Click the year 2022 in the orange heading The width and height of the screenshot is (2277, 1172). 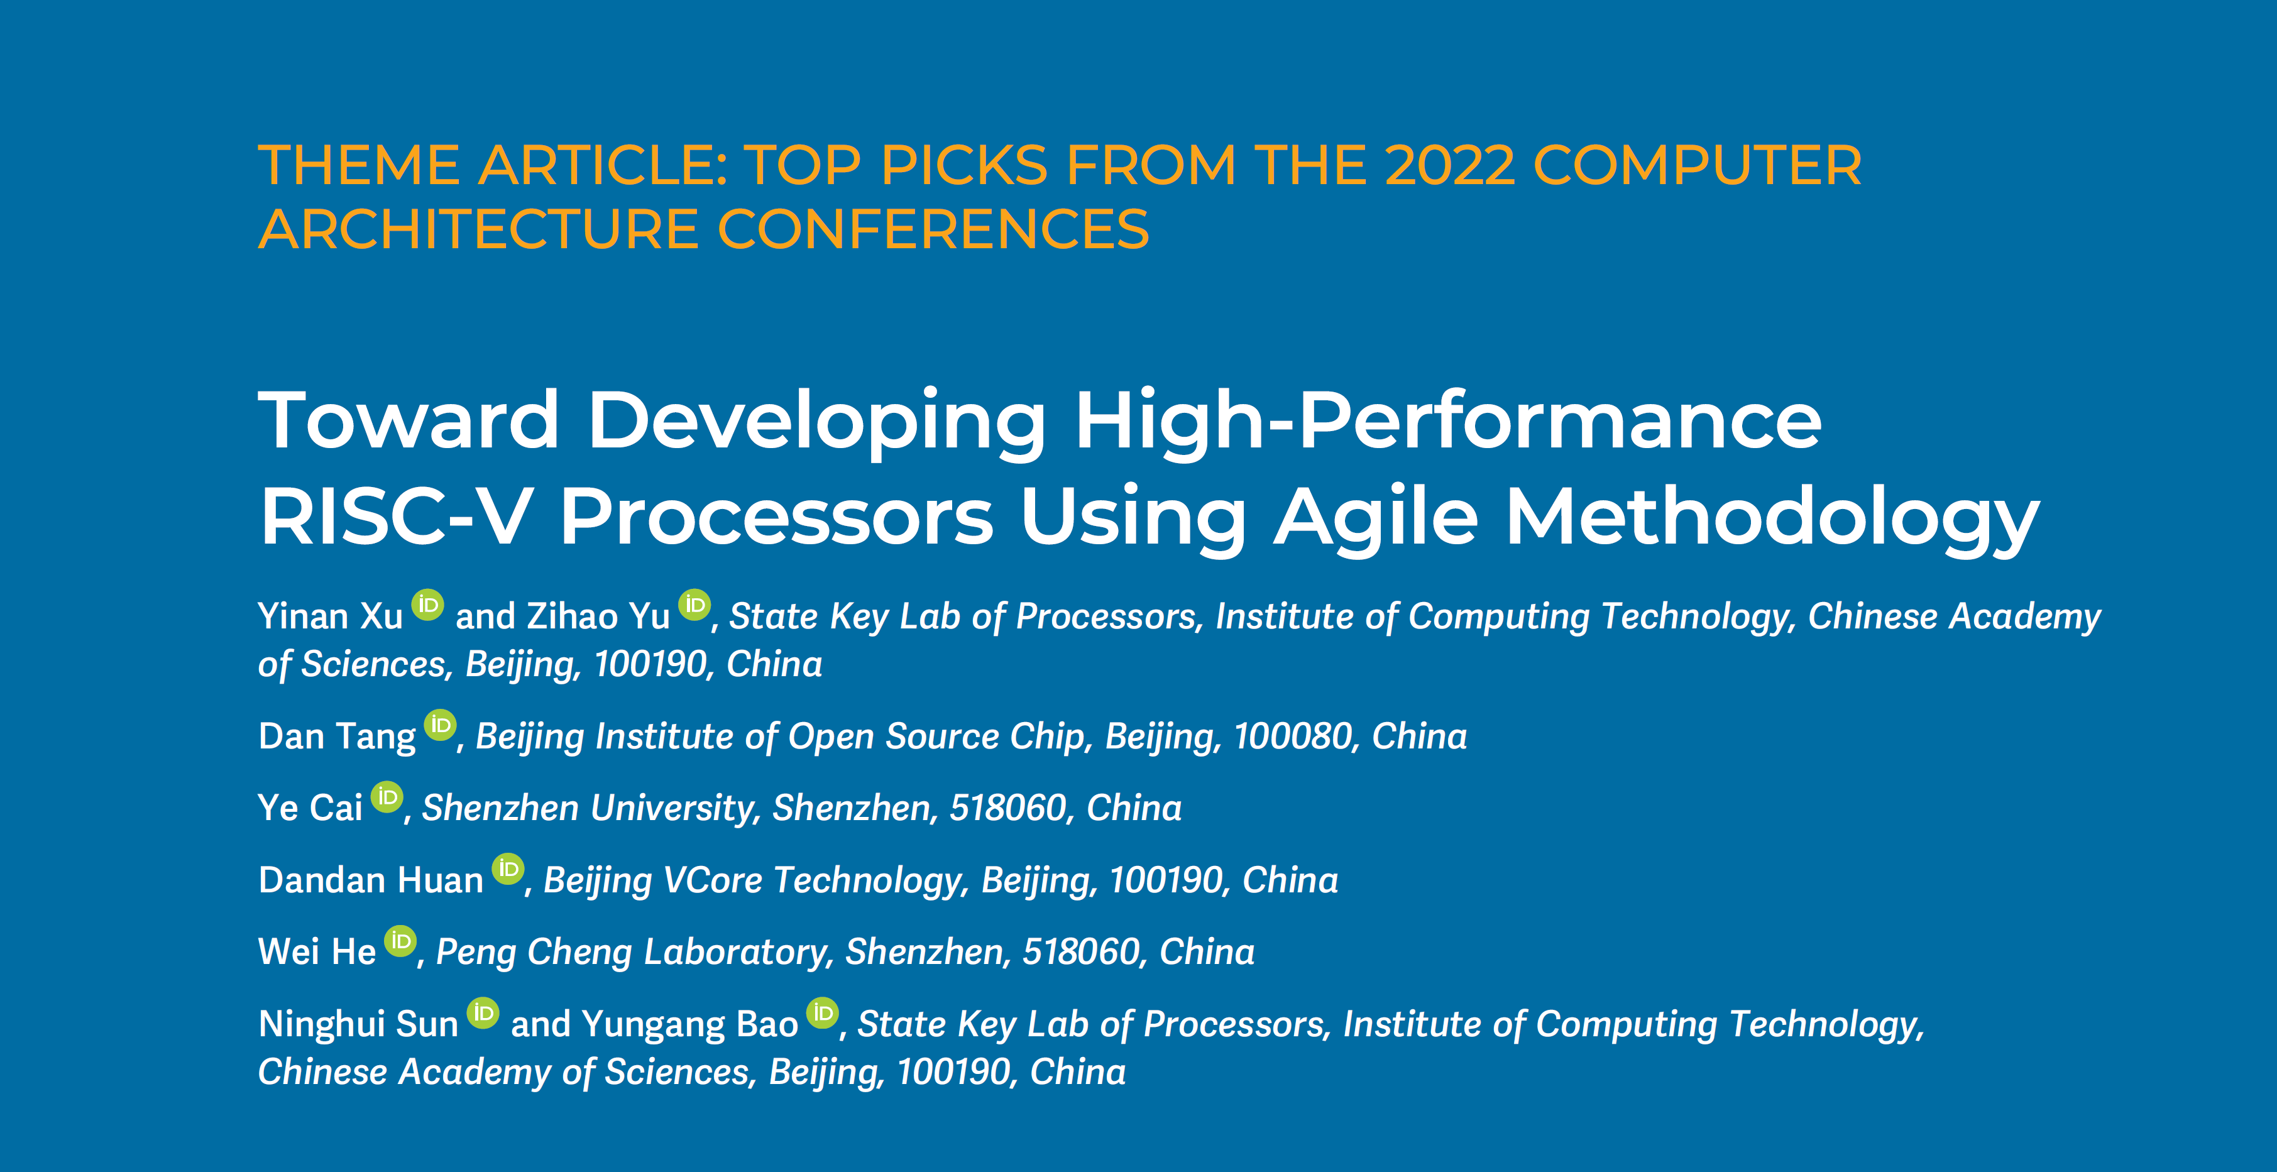(1450, 165)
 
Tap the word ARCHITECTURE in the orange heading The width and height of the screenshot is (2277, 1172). (478, 230)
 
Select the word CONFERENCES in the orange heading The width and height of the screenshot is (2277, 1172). (933, 230)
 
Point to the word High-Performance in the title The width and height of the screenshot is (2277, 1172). (1448, 422)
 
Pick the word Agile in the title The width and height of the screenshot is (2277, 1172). (1375, 519)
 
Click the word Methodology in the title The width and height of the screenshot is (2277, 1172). (1772, 519)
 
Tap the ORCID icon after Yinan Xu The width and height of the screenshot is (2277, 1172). (428, 605)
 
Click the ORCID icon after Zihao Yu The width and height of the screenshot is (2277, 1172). (694, 605)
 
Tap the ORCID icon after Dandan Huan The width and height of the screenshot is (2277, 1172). (508, 870)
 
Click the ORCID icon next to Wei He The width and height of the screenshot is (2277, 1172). (400, 941)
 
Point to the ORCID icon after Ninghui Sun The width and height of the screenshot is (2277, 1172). (483, 1014)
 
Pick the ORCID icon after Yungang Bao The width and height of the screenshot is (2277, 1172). (823, 1014)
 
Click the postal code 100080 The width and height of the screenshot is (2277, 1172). (1292, 737)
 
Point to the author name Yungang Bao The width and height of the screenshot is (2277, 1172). (689, 1024)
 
